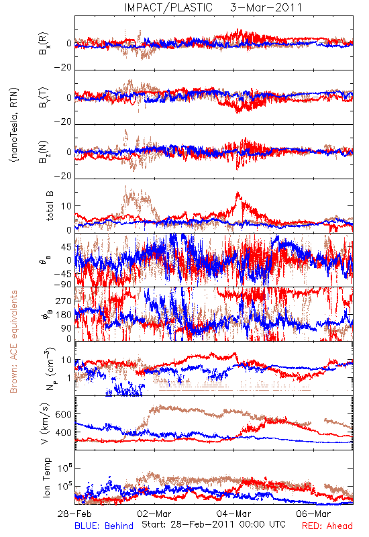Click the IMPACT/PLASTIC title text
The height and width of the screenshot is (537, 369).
point(168,7)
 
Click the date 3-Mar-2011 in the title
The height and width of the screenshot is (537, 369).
point(266,7)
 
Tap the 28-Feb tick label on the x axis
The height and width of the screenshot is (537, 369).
point(74,514)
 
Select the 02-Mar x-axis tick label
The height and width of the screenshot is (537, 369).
point(154,514)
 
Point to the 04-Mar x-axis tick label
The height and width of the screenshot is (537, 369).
point(233,514)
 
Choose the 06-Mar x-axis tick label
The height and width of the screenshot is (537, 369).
point(313,514)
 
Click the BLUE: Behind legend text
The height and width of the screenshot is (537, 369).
point(104,526)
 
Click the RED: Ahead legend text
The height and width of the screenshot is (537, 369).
point(327,526)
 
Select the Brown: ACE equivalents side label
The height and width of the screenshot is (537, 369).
point(13,342)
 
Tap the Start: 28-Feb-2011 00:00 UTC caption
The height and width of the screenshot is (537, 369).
point(213,524)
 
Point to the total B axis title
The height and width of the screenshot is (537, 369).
point(50,206)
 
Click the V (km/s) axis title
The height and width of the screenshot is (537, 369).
point(45,424)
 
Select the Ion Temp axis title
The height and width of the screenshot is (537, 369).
point(46,477)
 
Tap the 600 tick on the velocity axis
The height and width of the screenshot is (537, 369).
point(63,414)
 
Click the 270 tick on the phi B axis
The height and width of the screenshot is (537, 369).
point(63,301)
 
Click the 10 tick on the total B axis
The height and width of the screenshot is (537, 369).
point(66,206)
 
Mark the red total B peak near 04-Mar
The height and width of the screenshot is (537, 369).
point(238,193)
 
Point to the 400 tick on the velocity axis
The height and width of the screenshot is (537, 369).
point(63,432)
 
